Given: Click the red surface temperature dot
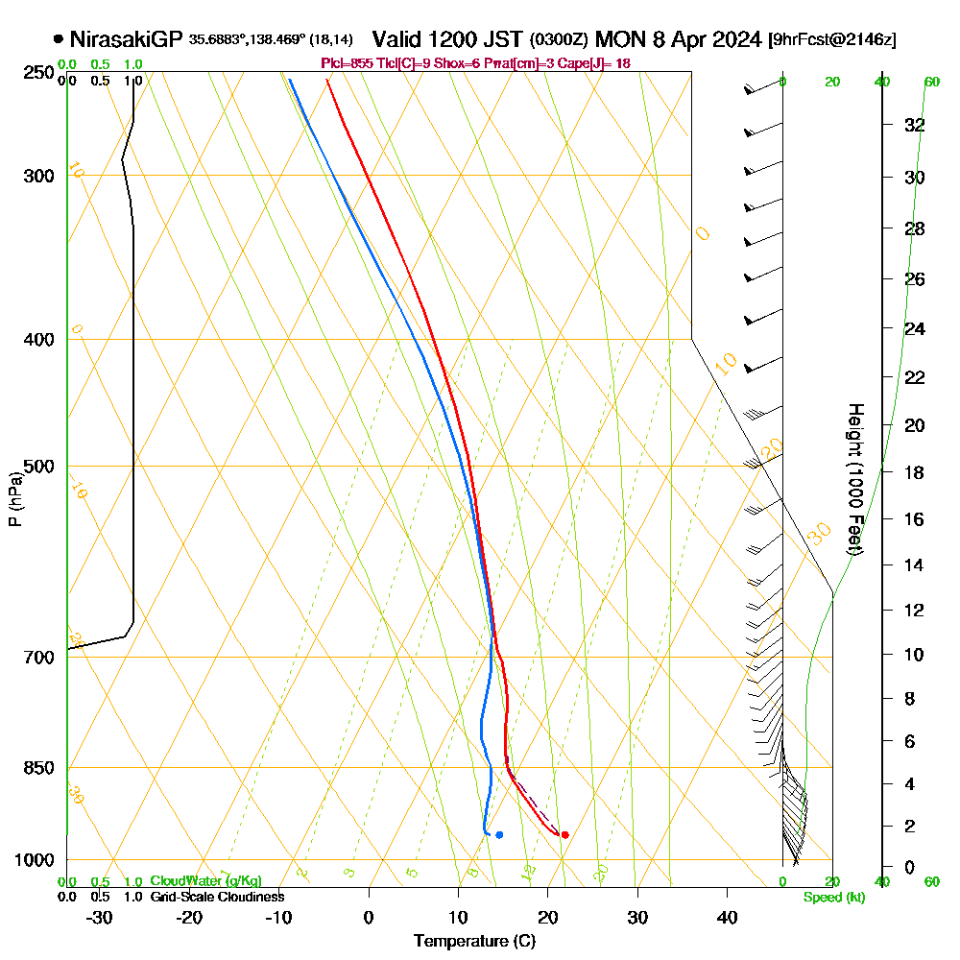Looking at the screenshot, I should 564,834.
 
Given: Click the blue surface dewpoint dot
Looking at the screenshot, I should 499,834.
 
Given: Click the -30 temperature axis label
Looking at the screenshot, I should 99,917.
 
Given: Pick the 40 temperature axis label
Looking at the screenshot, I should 728,917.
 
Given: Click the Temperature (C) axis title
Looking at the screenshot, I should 474,942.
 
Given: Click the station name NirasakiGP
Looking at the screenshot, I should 126,39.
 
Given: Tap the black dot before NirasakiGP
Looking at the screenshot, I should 59,39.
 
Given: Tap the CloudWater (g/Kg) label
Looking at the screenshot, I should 205,881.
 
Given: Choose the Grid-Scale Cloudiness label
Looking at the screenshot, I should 217,897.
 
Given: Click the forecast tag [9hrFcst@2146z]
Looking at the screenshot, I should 832,39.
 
